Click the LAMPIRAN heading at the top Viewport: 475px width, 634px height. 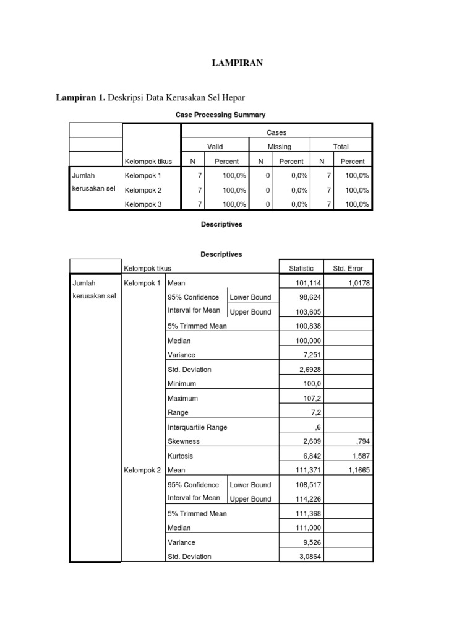[x=237, y=63]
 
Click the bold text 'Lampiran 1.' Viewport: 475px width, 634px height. [x=81, y=97]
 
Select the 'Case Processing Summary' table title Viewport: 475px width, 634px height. [x=221, y=115]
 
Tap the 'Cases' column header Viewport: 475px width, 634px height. [x=276, y=132]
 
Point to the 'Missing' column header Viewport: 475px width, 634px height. [x=279, y=147]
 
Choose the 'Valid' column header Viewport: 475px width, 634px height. [x=215, y=147]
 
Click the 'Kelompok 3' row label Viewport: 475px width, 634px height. [x=143, y=204]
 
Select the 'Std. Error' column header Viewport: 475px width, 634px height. [x=348, y=269]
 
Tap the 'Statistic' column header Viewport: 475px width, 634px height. [x=301, y=269]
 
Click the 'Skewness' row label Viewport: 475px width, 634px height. [x=184, y=441]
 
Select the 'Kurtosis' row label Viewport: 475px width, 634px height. [x=181, y=456]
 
